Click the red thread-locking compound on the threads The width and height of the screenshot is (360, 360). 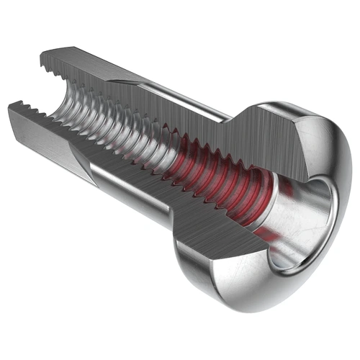tap(216, 184)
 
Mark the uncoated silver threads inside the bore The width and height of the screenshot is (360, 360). tap(108, 122)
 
